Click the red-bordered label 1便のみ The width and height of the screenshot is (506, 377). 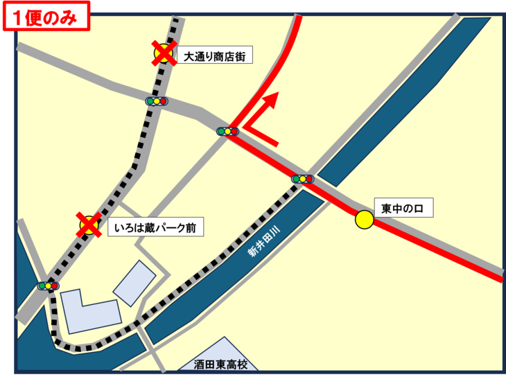tap(47, 16)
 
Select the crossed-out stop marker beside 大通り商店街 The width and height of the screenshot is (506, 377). tap(164, 53)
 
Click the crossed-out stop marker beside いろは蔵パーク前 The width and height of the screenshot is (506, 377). tap(89, 225)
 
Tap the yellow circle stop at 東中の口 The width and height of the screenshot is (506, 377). tap(364, 220)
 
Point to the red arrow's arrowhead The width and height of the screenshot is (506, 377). tap(275, 98)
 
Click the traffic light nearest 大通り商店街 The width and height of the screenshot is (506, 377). tap(157, 101)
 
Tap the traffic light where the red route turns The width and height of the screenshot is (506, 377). tap(226, 131)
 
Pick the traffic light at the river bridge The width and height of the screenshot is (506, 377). tap(303, 179)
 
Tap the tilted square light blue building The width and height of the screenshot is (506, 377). tap(134, 283)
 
